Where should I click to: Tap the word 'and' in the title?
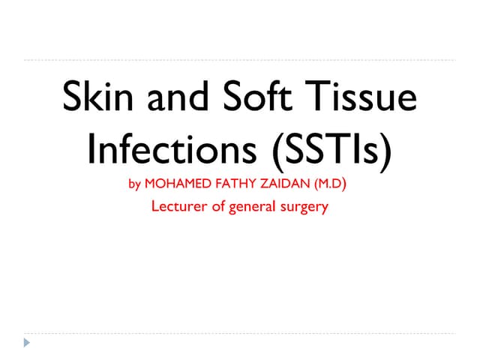[181, 100]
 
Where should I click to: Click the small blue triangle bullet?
[27, 343]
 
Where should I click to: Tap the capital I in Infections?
[92, 149]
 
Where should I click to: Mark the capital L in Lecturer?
[155, 206]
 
